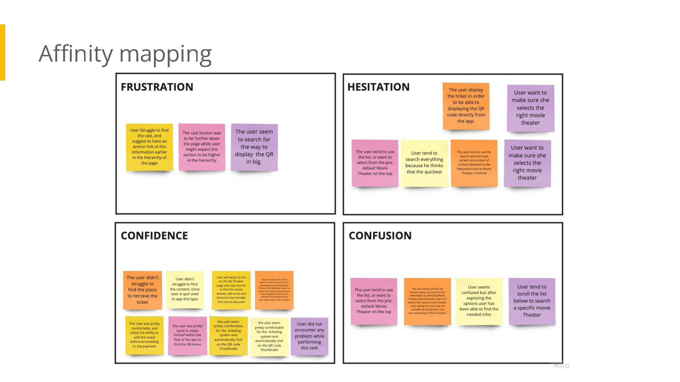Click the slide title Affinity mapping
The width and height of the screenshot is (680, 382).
click(125, 54)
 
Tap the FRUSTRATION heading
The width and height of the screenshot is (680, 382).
click(157, 87)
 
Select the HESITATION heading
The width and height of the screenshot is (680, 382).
click(378, 87)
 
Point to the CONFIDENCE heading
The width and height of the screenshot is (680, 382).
click(154, 236)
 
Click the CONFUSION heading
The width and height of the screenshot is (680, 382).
click(380, 236)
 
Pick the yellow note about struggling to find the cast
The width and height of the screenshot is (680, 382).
click(149, 147)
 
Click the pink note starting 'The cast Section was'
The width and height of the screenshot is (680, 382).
click(202, 147)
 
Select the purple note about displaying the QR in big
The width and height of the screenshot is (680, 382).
click(254, 147)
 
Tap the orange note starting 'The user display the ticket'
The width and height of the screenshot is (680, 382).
click(466, 106)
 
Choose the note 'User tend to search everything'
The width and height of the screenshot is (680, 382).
click(424, 163)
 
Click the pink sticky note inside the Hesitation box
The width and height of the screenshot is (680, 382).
click(375, 163)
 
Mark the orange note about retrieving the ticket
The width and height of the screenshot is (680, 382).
click(142, 290)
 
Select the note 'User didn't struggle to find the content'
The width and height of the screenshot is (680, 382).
click(185, 289)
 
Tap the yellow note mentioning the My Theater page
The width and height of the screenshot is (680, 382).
click(231, 290)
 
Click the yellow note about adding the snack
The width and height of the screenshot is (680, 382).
click(145, 335)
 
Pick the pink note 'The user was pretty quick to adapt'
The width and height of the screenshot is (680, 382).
click(188, 335)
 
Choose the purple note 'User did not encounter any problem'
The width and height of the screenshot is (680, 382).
click(309, 336)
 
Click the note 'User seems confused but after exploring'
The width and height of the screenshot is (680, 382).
click(479, 301)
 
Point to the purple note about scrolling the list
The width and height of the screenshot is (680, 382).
click(532, 301)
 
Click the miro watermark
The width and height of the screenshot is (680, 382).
click(561, 366)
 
